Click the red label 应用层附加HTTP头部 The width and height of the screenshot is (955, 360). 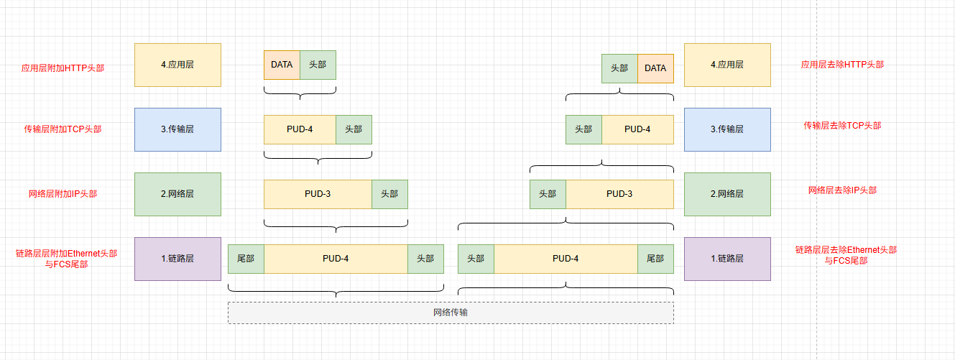point(63,68)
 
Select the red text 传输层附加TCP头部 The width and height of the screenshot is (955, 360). point(63,129)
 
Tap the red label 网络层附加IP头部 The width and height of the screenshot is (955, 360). point(63,193)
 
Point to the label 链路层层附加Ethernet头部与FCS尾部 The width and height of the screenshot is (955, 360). point(66,259)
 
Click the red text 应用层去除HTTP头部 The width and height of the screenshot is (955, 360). point(842,65)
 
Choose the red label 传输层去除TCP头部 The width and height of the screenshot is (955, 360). point(842,126)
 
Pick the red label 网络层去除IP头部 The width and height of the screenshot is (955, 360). point(842,190)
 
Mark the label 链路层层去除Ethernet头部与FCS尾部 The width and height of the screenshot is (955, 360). point(846,255)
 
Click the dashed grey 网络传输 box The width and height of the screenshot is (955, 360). point(451,313)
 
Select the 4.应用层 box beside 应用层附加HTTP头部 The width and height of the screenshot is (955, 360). point(177,65)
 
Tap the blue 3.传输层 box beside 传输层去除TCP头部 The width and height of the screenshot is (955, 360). point(727,129)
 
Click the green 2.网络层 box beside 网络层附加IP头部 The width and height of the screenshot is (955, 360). point(177,194)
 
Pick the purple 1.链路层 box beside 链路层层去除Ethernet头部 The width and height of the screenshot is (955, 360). point(727,259)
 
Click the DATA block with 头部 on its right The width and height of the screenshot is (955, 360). point(282,65)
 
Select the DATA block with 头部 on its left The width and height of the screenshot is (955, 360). point(655,68)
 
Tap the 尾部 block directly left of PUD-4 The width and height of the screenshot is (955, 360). point(246,259)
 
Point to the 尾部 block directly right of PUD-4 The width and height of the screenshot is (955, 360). point(655,259)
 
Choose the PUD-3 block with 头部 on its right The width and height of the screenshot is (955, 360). point(318,194)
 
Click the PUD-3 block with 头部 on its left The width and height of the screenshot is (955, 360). point(619,194)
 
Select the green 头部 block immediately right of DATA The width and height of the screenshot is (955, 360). point(318,65)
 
